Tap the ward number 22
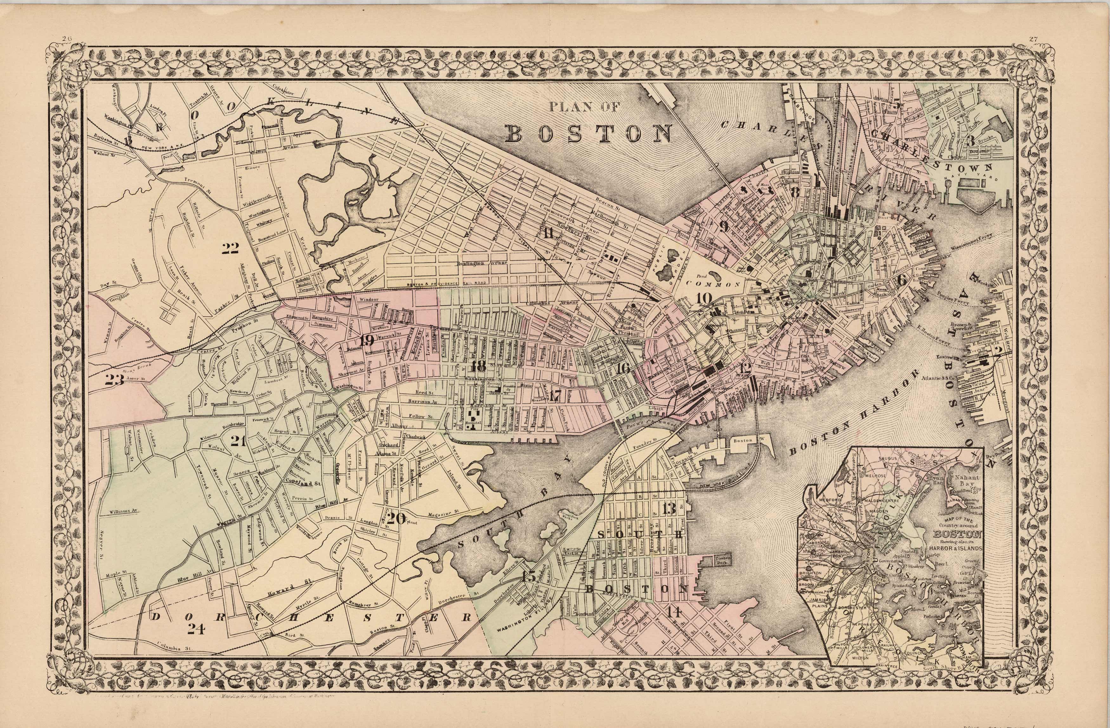(x=230, y=249)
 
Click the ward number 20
(x=396, y=518)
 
